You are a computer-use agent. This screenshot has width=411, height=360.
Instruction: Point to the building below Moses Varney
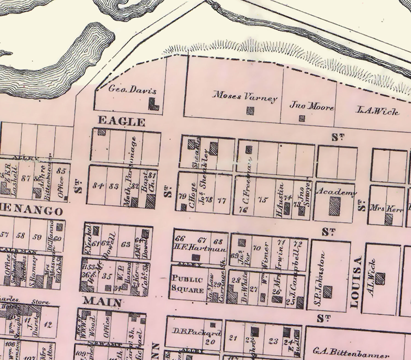click(250, 110)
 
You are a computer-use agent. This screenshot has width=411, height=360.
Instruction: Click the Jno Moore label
click(312, 106)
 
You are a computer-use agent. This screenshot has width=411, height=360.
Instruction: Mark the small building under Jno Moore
click(302, 118)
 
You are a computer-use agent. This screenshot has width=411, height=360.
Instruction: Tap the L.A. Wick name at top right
click(377, 111)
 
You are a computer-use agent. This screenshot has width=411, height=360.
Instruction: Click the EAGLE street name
click(121, 121)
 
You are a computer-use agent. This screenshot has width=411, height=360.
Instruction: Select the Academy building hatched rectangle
click(335, 206)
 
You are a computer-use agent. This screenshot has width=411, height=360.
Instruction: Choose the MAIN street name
click(102, 302)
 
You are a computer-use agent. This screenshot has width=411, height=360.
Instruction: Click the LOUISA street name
click(355, 282)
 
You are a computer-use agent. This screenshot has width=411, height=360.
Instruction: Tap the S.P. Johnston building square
click(327, 292)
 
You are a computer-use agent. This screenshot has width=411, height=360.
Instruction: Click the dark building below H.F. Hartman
click(196, 257)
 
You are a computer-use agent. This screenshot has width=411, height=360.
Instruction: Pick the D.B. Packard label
click(197, 332)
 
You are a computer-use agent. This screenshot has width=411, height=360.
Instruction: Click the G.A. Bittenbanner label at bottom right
click(351, 352)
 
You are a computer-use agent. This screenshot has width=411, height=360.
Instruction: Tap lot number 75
click(262, 200)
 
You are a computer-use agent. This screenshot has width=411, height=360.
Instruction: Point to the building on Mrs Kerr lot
click(388, 219)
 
